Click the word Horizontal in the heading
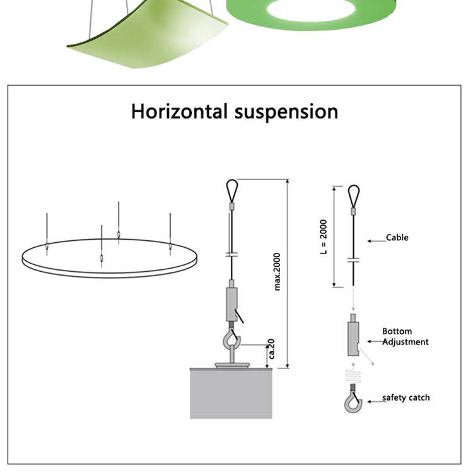pyautogui.click(x=180, y=112)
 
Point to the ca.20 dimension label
pyautogui.click(x=272, y=349)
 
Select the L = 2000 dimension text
pyautogui.click(x=324, y=237)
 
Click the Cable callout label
pyautogui.click(x=397, y=238)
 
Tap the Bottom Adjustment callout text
pyautogui.click(x=405, y=337)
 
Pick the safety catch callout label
pyautogui.click(x=406, y=397)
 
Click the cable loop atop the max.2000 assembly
pyautogui.click(x=231, y=189)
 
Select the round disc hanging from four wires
pyautogui.click(x=111, y=259)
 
